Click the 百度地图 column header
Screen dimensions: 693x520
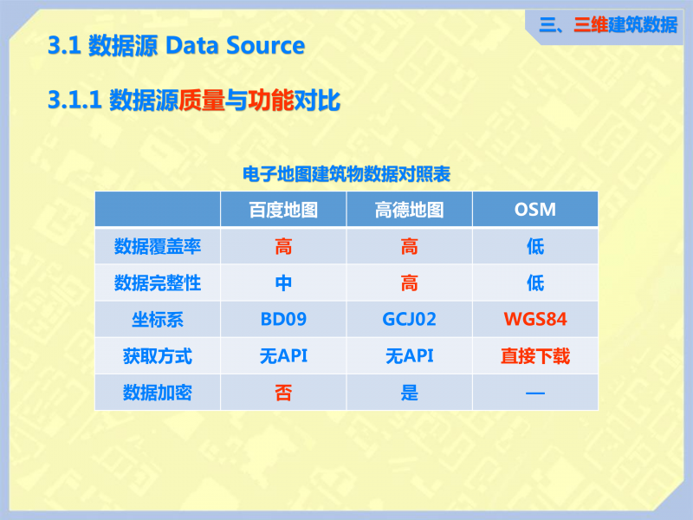pyautogui.click(x=283, y=210)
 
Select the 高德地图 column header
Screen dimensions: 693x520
pyautogui.click(x=409, y=210)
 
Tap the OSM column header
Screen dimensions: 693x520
pyautogui.click(x=534, y=210)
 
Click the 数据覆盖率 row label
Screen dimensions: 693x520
pyautogui.click(x=158, y=246)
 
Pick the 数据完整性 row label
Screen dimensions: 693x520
pyautogui.click(x=158, y=283)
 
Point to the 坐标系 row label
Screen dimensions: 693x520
pyautogui.click(x=158, y=319)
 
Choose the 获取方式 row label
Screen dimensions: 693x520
pyautogui.click(x=158, y=356)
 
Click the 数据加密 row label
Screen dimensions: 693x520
pyautogui.click(x=158, y=393)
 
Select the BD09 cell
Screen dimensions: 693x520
pyautogui.click(x=283, y=319)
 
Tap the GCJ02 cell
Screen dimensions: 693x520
pyautogui.click(x=409, y=319)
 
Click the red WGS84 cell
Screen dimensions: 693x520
pyautogui.click(x=535, y=319)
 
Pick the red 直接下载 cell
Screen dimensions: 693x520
pyautogui.click(x=535, y=356)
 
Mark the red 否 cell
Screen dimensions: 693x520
pyautogui.click(x=283, y=393)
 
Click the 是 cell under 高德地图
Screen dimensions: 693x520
pyautogui.click(x=409, y=393)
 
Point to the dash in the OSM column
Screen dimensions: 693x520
pyautogui.click(x=535, y=393)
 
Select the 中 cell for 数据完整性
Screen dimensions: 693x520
pyautogui.click(x=283, y=283)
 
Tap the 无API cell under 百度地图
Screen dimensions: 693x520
pyautogui.click(x=283, y=356)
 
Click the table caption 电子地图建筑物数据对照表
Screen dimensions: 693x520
pyautogui.click(x=346, y=174)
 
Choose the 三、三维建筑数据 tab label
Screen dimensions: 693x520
pyautogui.click(x=608, y=25)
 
